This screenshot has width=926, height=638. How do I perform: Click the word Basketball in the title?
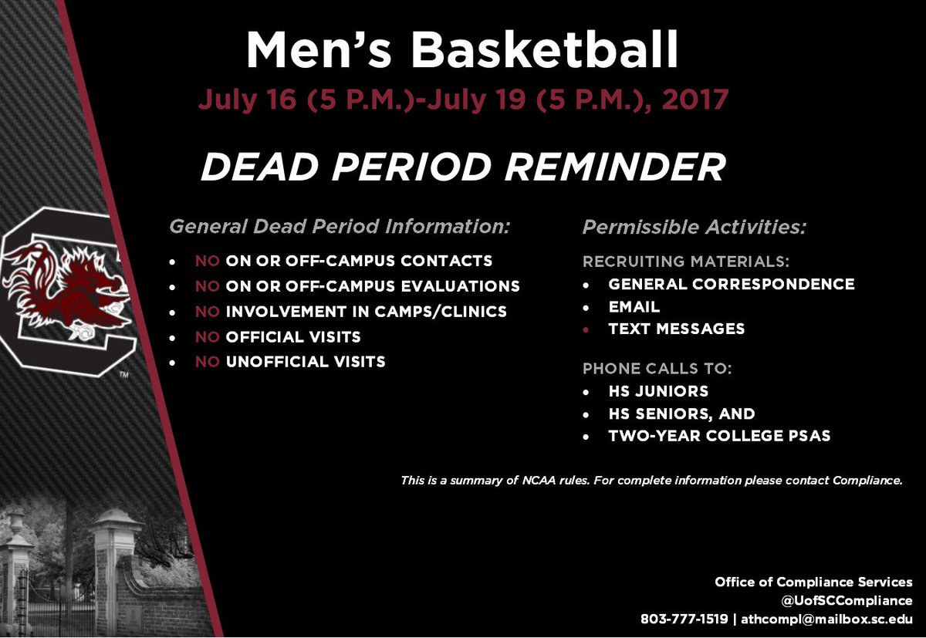[x=545, y=52]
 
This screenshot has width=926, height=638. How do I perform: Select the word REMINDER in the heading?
[x=602, y=167]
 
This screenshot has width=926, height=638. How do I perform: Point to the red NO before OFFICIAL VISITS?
[x=208, y=337]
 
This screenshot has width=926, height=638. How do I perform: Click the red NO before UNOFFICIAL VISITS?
[x=208, y=362]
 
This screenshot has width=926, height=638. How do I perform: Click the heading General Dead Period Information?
[x=340, y=228]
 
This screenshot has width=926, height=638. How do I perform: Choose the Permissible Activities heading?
[x=694, y=228]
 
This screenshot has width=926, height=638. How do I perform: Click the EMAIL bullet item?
[x=634, y=307]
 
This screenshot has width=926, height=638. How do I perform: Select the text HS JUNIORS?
[x=658, y=391]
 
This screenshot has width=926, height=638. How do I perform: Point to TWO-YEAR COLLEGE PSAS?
[x=719, y=437]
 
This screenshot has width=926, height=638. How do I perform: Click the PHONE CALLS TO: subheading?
[x=657, y=369]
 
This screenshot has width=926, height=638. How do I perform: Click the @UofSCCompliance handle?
[x=846, y=601]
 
